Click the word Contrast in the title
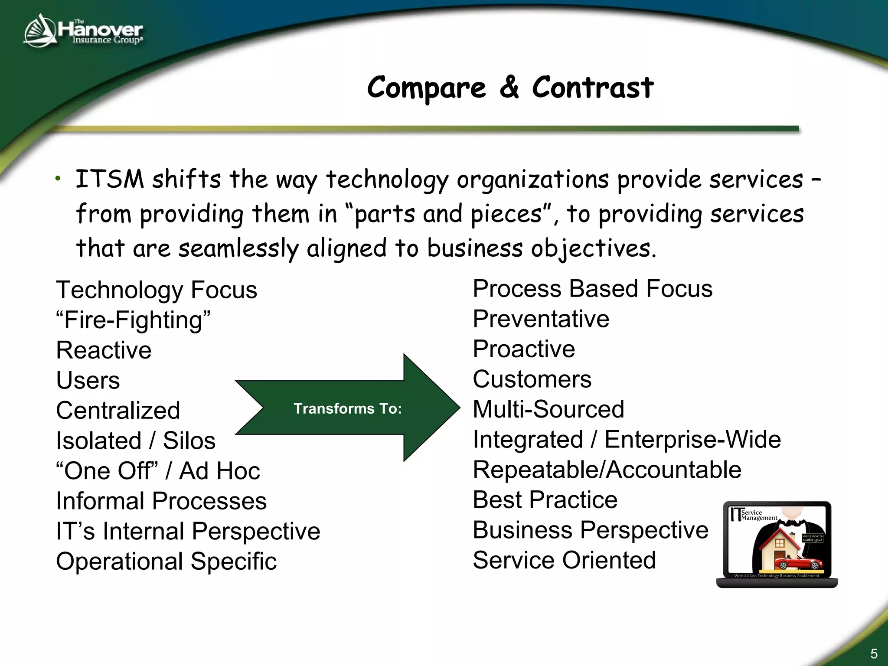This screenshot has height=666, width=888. pos(592,88)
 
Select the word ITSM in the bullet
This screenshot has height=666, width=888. pos(109,179)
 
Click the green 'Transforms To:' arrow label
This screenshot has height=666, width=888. pos(347,408)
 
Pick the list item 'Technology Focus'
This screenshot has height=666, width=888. pos(156,290)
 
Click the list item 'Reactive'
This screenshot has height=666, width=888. pos(104,350)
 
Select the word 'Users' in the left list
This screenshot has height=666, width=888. pos(88,380)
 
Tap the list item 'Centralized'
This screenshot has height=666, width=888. pos(118,410)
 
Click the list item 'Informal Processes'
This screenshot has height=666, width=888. pos(161,501)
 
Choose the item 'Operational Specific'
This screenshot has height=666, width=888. pos(166,561)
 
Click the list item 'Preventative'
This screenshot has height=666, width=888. pos(541,319)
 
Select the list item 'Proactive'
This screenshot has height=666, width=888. pos(524,349)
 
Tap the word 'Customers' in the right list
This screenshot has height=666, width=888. pos(532,379)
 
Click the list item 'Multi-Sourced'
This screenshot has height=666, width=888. pos(548,409)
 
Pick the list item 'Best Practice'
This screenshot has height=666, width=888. pos(545,499)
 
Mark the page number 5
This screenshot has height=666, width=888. pos(874,653)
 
